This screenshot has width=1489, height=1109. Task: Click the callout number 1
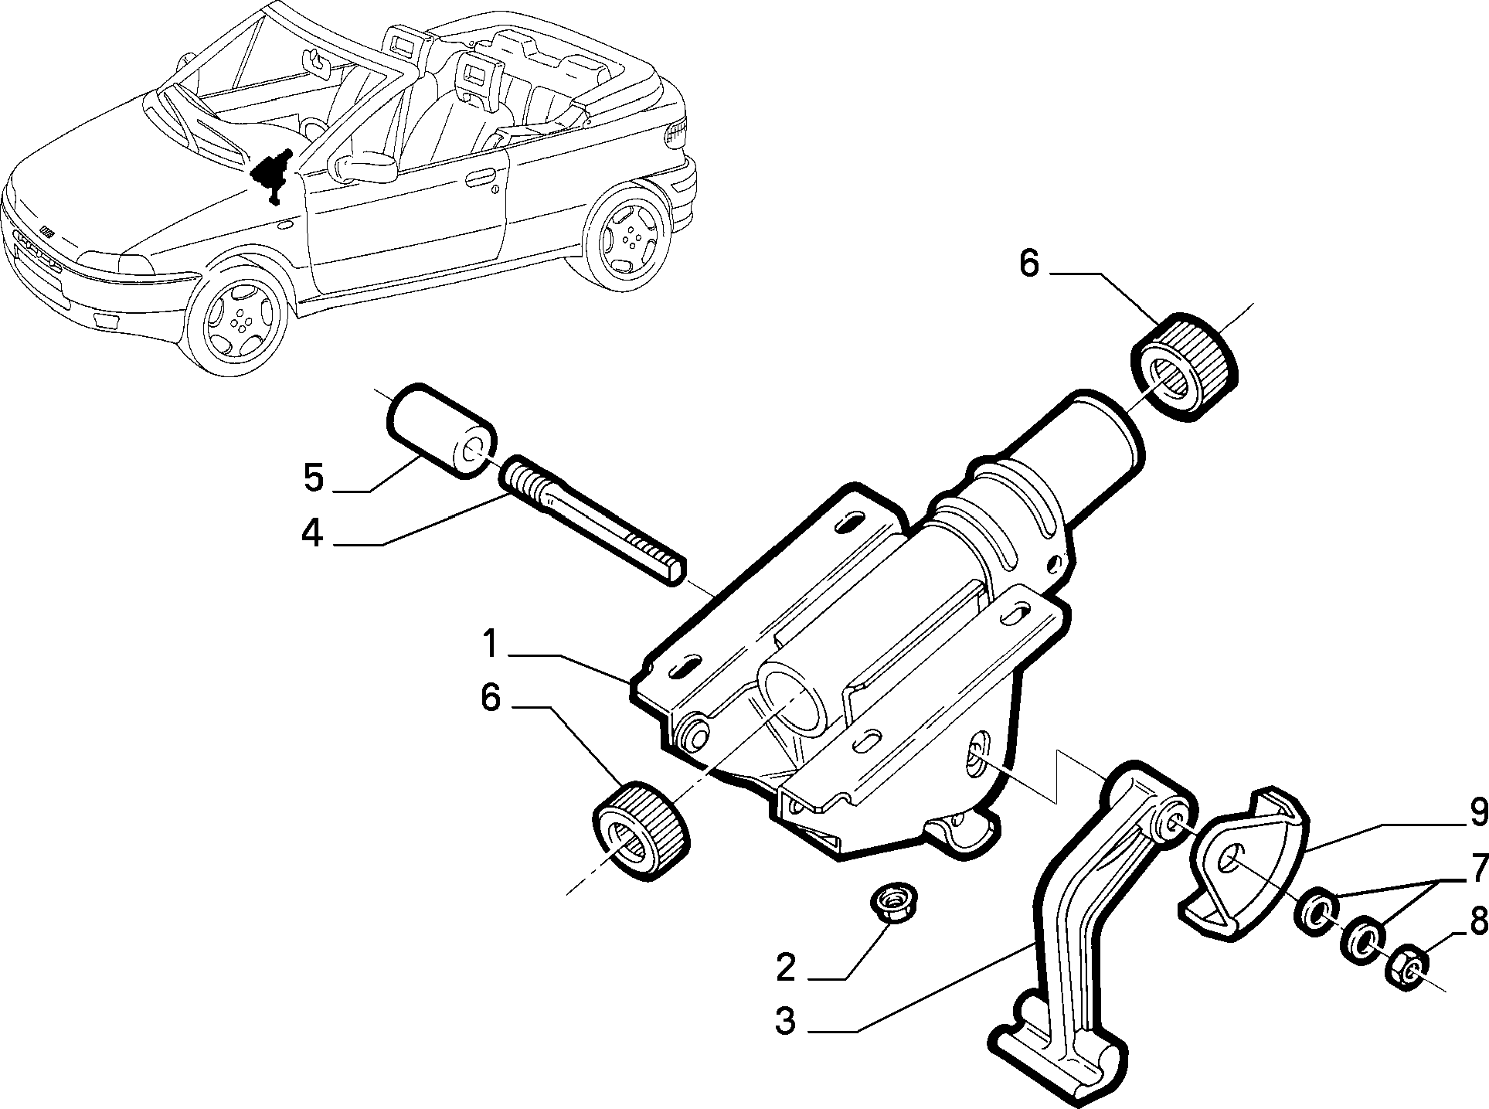(x=489, y=643)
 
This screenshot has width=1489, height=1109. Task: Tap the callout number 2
(x=785, y=967)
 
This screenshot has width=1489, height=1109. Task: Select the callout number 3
(x=785, y=1022)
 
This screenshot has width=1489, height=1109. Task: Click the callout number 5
(x=313, y=478)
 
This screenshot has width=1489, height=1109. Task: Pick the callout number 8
(x=1477, y=922)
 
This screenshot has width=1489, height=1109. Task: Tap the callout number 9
(x=1477, y=811)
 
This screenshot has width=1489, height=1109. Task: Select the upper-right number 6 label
(x=1030, y=264)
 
